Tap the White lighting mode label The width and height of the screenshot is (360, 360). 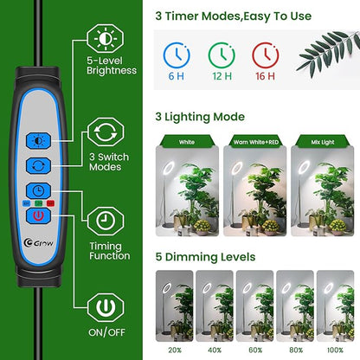click(x=186, y=140)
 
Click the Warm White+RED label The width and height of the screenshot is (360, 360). click(x=255, y=140)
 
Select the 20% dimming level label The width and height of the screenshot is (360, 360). click(x=174, y=350)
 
